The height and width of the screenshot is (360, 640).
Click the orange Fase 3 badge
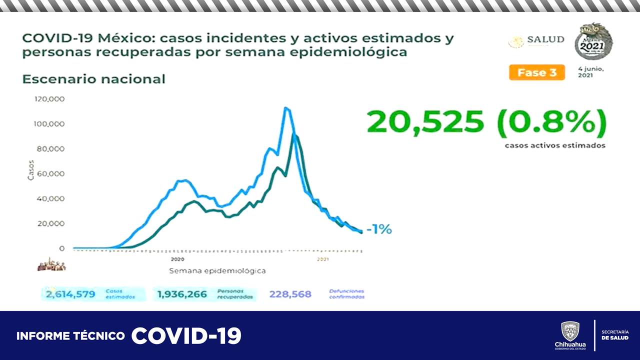537,72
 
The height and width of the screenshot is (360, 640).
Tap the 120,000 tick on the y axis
49,99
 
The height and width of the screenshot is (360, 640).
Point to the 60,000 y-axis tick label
51,173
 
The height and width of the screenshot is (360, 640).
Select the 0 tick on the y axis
61,248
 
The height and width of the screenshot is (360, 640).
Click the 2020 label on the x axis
177,259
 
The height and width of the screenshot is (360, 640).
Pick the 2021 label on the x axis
323,259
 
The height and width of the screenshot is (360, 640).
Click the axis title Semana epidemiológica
217,270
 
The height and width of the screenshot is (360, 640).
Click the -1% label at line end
379,229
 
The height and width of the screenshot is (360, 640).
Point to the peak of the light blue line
285,108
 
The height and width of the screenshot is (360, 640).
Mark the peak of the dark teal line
295,135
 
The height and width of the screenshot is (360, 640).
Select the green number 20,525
425,122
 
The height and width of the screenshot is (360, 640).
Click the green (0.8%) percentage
552,122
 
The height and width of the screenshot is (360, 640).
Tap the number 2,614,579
70,294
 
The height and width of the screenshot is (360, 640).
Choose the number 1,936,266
182,294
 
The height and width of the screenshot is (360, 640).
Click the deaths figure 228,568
290,294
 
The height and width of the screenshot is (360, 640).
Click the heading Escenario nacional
93,79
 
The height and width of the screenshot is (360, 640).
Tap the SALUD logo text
545,39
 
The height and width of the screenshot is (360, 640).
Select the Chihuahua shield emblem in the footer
570,331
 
